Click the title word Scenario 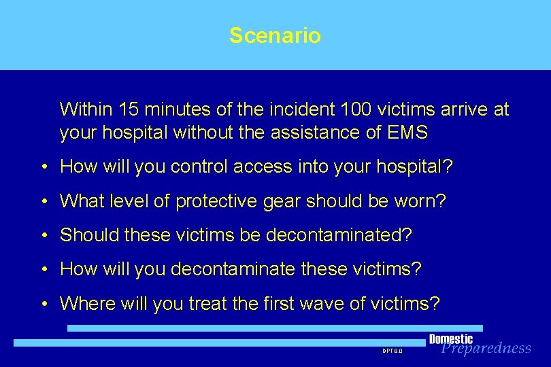275,35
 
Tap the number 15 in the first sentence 128,109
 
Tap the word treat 208,304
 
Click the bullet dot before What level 43,202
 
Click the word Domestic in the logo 451,339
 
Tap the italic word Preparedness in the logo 486,349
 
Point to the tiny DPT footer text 393,351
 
